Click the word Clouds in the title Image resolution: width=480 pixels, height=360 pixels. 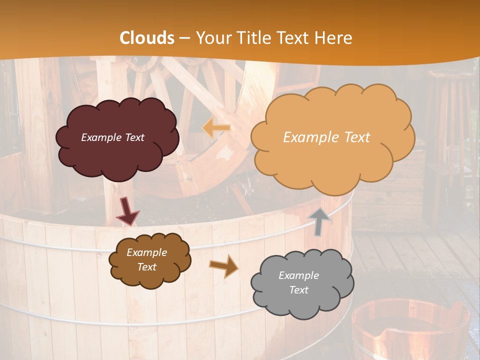click(147, 38)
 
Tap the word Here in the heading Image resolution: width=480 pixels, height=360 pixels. click(335, 38)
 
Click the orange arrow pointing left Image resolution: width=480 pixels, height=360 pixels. click(216, 128)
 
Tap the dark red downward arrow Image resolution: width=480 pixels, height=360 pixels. click(127, 211)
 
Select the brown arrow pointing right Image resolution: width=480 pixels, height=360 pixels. click(224, 265)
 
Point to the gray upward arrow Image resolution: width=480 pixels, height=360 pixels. click(320, 221)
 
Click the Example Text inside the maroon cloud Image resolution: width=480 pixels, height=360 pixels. click(112, 137)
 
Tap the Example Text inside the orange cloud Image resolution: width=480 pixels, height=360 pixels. click(326, 137)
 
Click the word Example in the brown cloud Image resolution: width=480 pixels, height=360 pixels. click(146, 252)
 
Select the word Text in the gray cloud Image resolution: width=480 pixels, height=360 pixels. click(298, 290)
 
